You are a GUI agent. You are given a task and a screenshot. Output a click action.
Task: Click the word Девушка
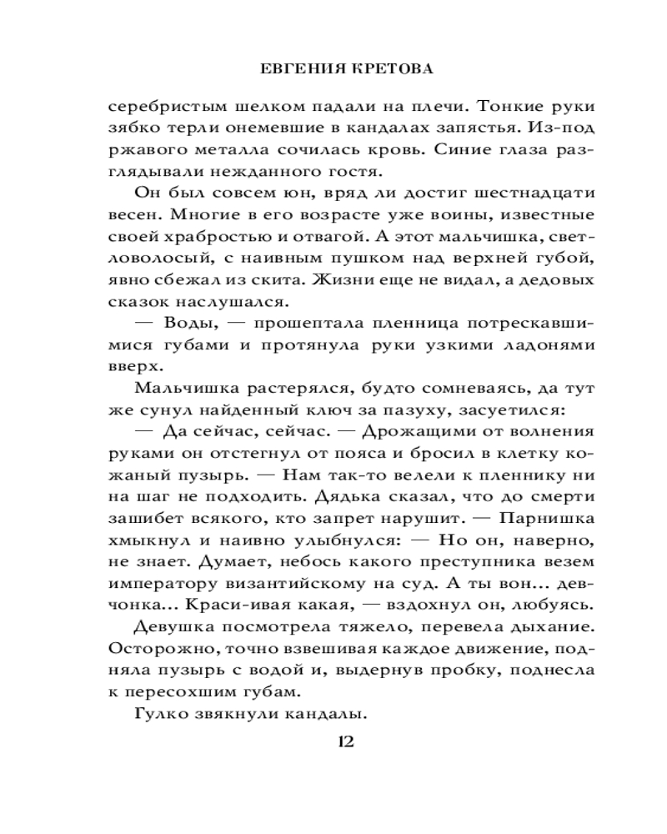[174, 625]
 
